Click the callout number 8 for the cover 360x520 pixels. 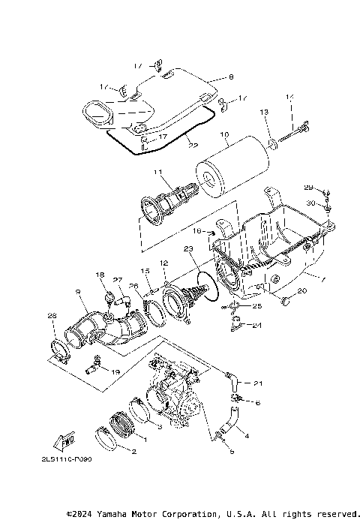231,77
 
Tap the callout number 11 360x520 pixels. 158,173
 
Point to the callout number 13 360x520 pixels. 263,112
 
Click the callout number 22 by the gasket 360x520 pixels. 193,144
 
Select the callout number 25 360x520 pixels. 257,306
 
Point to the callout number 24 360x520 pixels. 257,326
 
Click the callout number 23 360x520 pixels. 187,249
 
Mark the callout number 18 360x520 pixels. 100,276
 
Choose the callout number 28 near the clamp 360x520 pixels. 52,316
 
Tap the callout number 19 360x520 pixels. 115,371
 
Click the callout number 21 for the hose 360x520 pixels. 258,383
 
